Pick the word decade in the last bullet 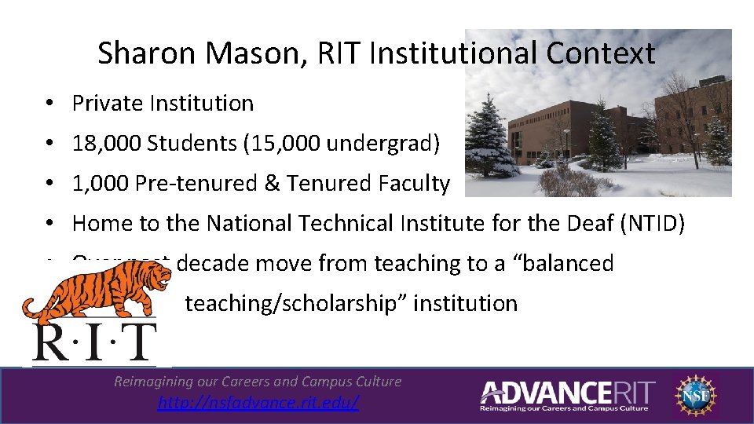[208, 263]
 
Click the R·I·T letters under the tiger [94, 342]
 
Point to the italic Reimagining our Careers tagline [258, 382]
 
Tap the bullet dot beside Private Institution [49, 104]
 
